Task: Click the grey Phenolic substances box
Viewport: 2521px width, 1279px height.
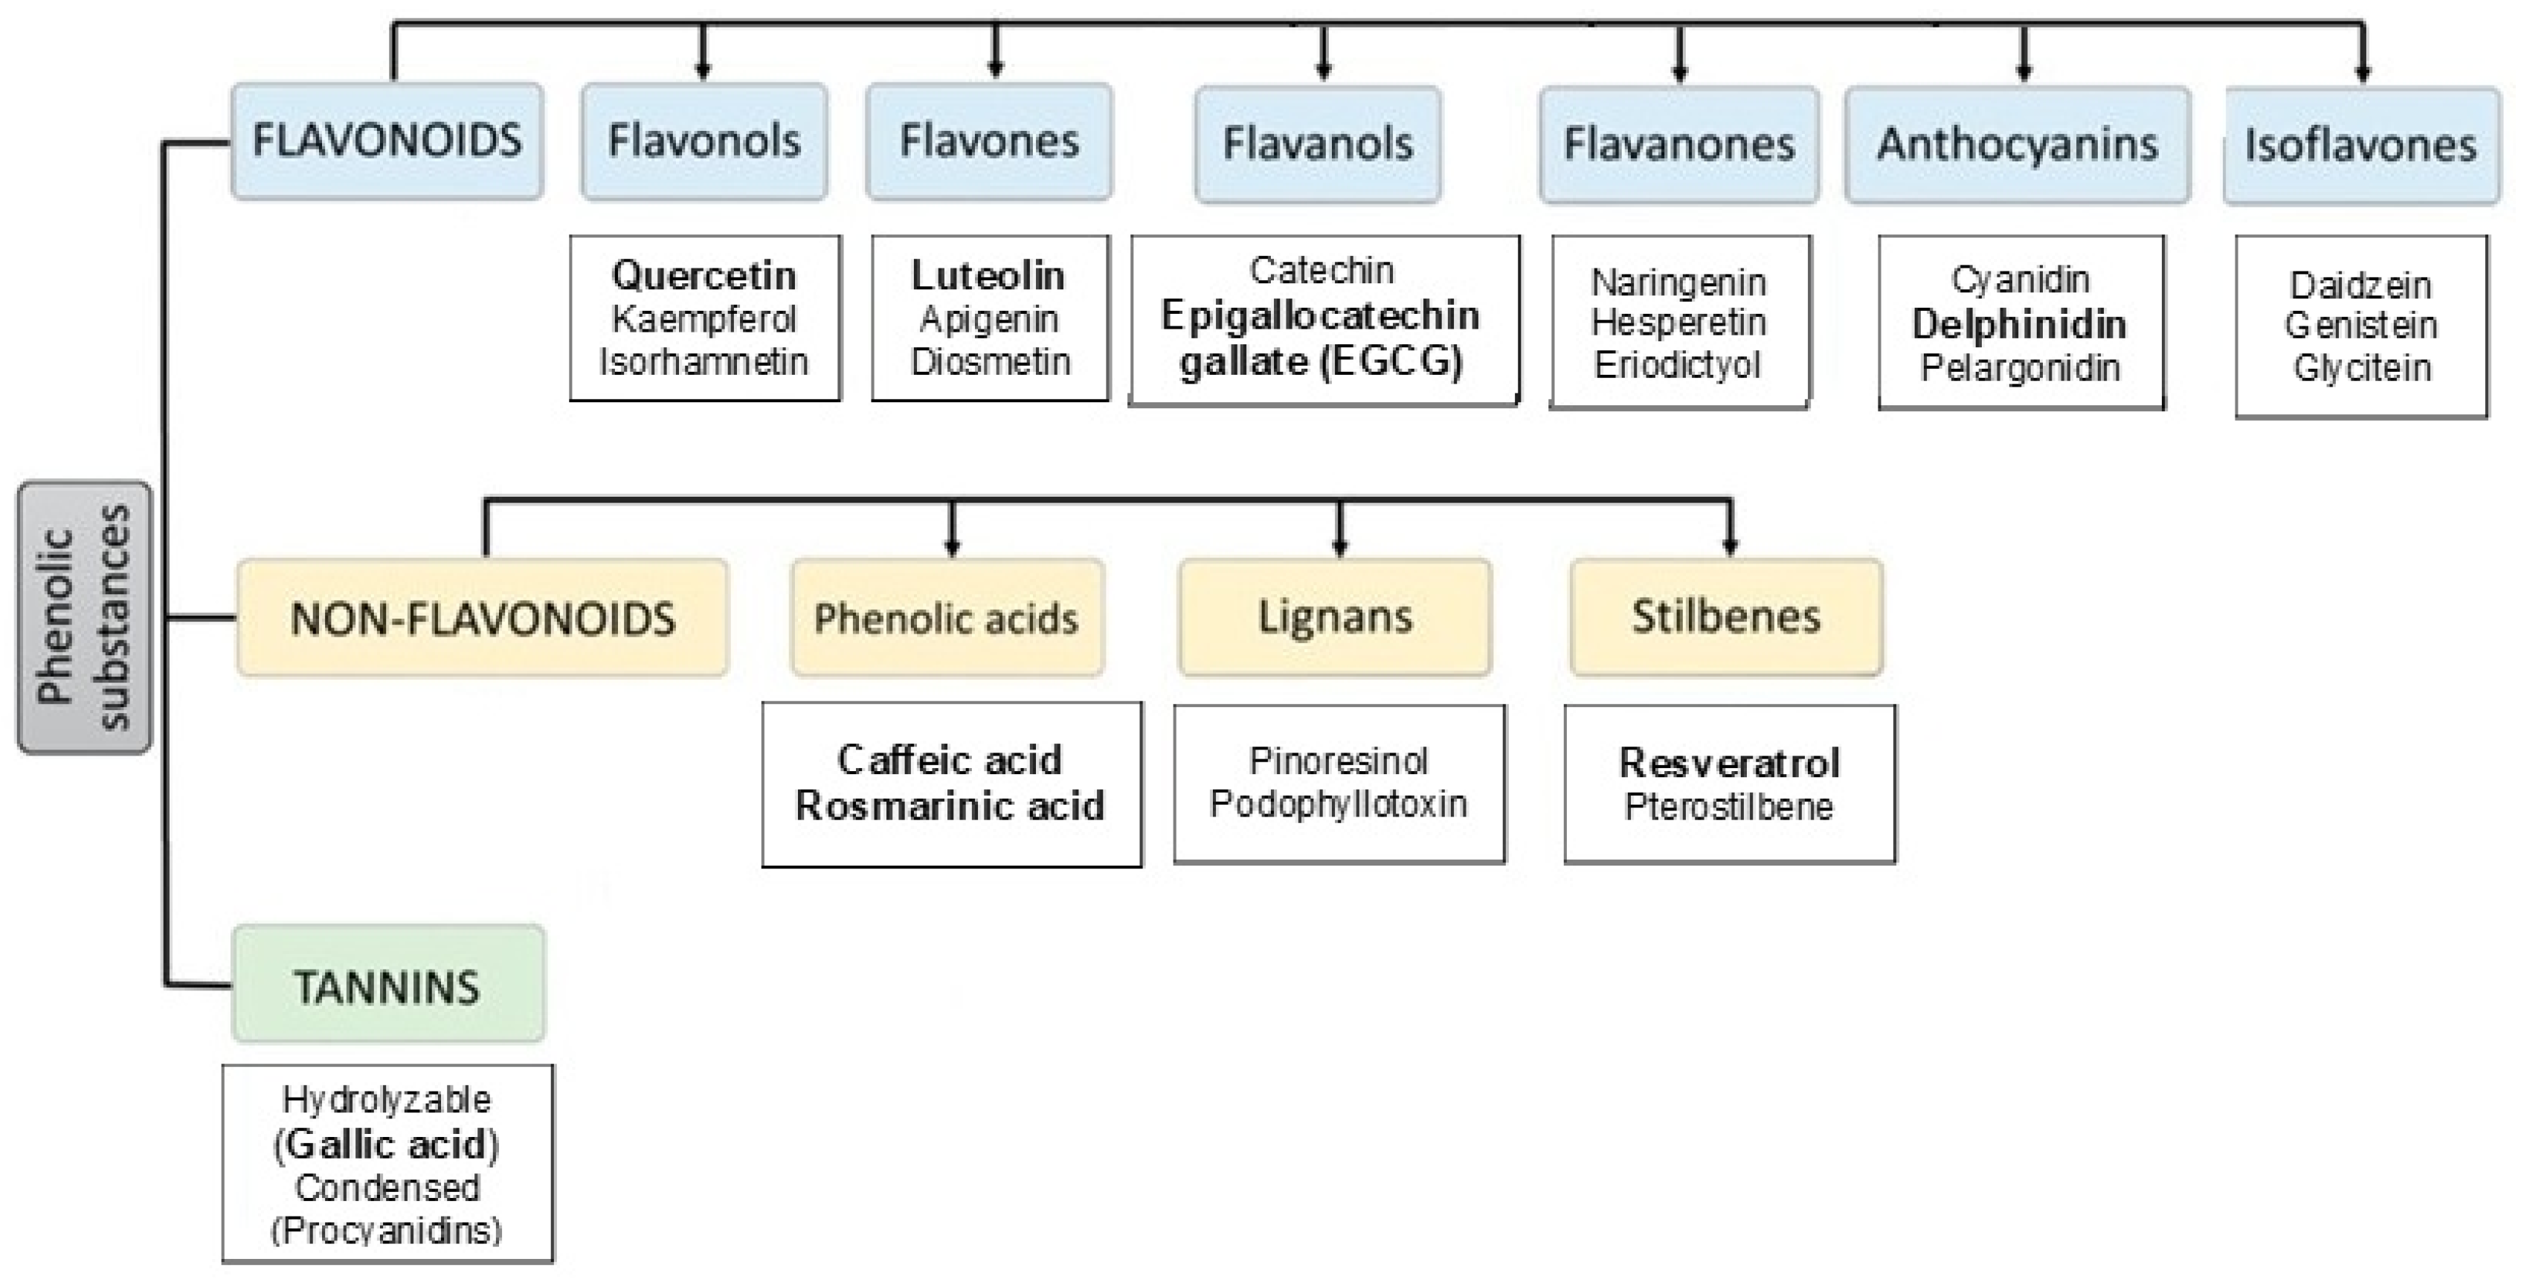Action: click(84, 617)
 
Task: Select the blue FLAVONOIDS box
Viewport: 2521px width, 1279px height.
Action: click(387, 142)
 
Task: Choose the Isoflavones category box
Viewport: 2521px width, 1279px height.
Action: click(2360, 146)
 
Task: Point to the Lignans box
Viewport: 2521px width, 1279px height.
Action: click(1335, 617)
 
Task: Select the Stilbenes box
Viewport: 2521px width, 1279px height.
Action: click(1726, 617)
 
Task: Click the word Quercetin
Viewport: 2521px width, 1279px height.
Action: click(704, 275)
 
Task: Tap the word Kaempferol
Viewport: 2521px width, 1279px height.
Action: click(704, 319)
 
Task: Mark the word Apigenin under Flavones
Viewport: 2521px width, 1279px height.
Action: click(989, 319)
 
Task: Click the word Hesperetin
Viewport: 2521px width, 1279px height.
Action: click(1678, 322)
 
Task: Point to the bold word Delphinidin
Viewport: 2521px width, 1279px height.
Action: click(2020, 324)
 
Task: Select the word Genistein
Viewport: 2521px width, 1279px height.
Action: click(2360, 325)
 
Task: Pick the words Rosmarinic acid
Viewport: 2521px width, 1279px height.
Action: click(950, 805)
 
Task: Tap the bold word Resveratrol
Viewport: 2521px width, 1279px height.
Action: click(1729, 762)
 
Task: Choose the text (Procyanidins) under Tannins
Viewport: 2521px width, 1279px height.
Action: click(387, 1230)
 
